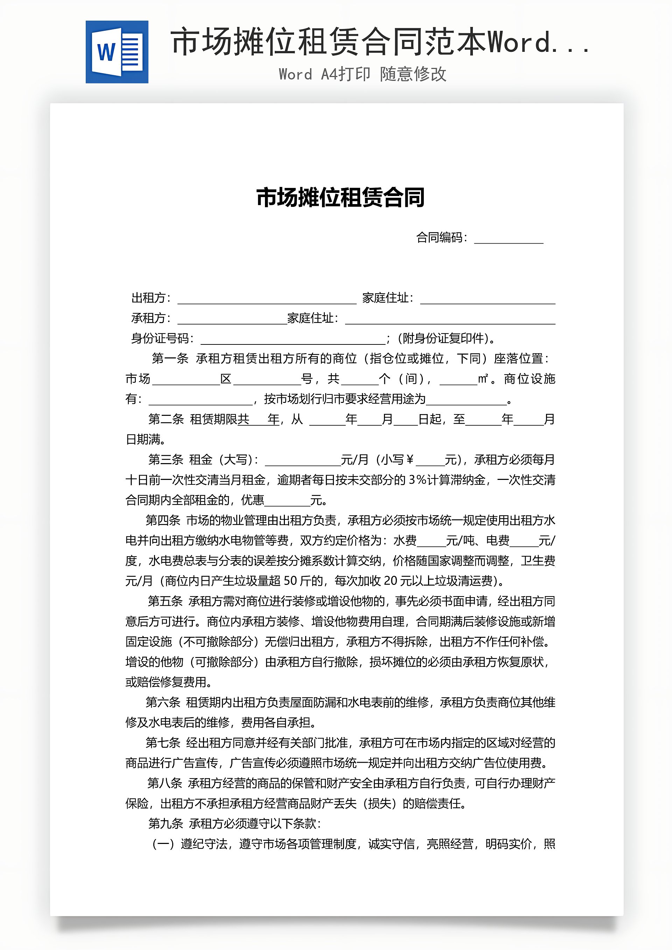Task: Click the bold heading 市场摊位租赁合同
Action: pyautogui.click(x=340, y=197)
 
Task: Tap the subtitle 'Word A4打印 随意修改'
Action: pyautogui.click(x=363, y=75)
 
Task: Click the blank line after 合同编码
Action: pyautogui.click(x=508, y=239)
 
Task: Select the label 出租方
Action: pyautogui.click(x=148, y=298)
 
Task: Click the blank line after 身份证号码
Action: pyautogui.click(x=293, y=339)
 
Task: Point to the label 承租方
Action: pyautogui.click(x=148, y=318)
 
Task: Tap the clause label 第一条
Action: pyautogui.click(x=170, y=358)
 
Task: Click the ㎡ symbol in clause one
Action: pyautogui.click(x=483, y=379)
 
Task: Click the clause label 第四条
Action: pyautogui.click(x=163, y=520)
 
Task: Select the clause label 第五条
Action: pyautogui.click(x=165, y=601)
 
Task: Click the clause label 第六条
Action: pyautogui.click(x=163, y=702)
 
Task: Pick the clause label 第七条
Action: pyautogui.click(x=163, y=743)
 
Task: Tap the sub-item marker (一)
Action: pyautogui.click(x=163, y=844)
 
